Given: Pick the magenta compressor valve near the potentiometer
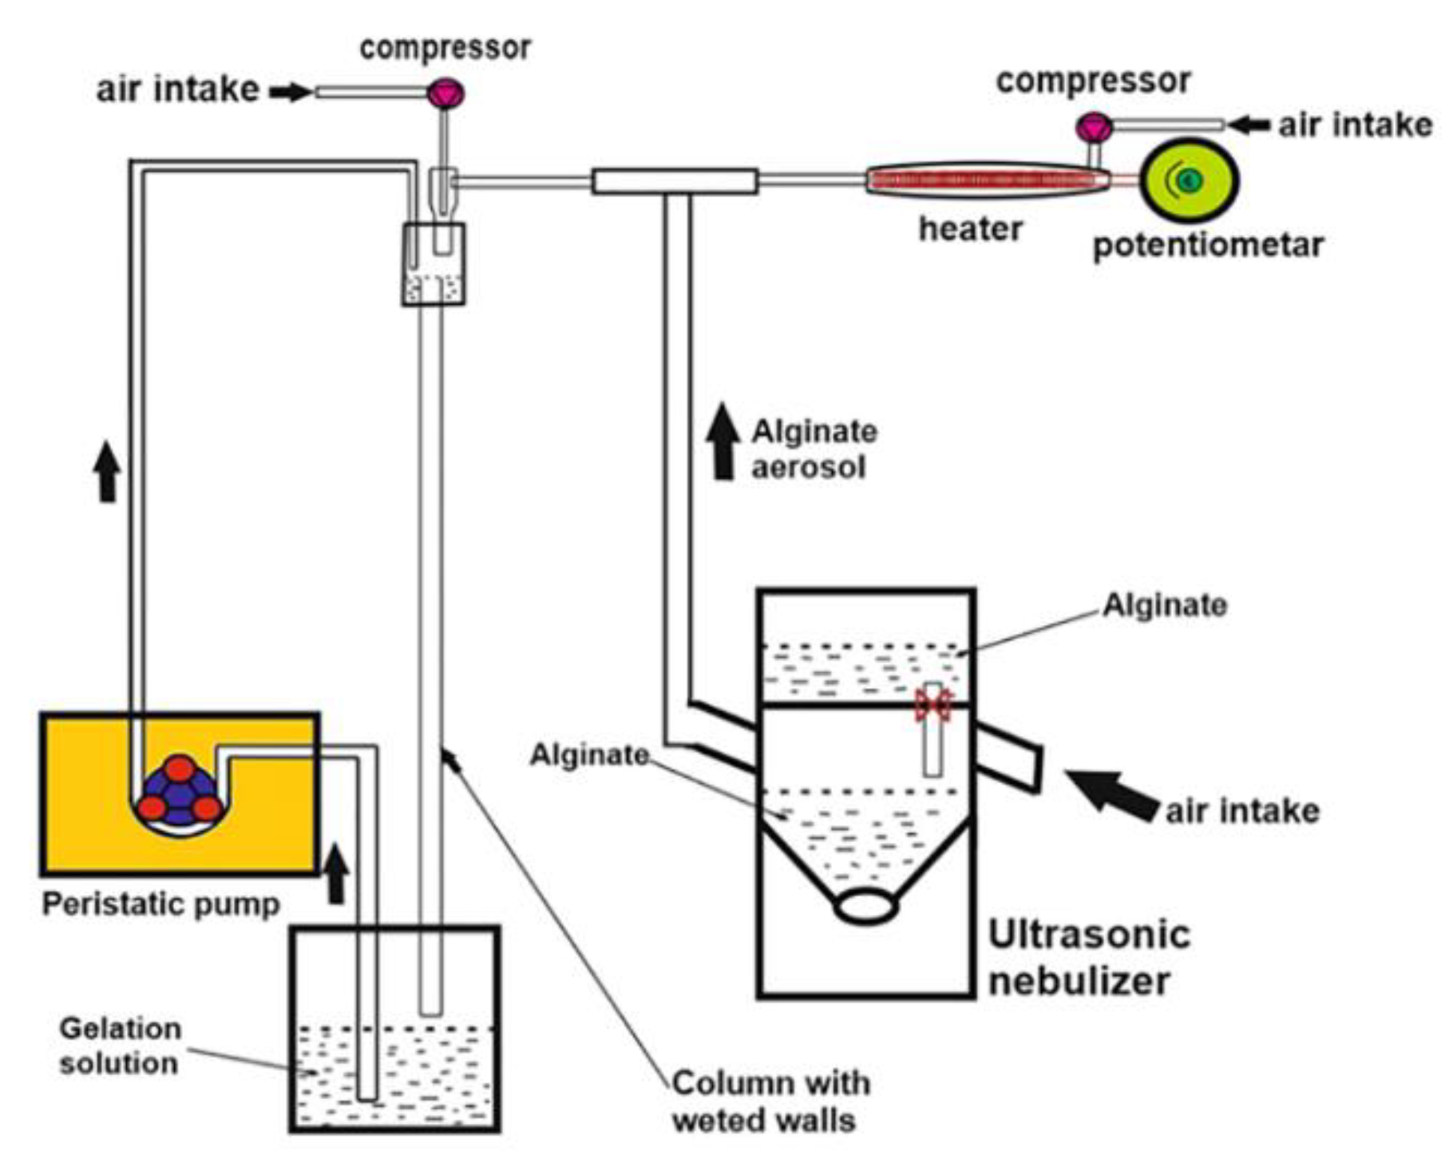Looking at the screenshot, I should (x=1094, y=128).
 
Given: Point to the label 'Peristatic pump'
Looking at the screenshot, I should (x=160, y=904).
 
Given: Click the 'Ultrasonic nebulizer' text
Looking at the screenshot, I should (x=1089, y=957).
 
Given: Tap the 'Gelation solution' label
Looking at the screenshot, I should (x=120, y=1046).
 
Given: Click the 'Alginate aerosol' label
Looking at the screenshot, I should (x=813, y=449).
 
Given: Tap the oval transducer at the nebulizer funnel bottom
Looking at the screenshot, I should (x=865, y=907).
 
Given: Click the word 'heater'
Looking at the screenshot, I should (x=970, y=229).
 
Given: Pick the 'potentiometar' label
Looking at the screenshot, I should (x=1208, y=245).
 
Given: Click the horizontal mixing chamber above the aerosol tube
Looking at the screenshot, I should (x=675, y=181).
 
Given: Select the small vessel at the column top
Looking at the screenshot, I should (x=434, y=264).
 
